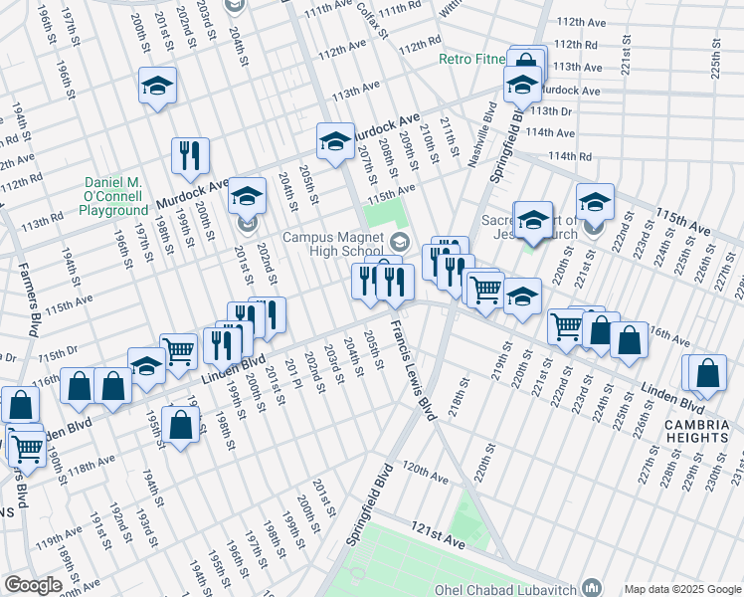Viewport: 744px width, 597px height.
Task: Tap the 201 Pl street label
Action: (291, 375)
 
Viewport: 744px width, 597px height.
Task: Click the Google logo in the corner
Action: (33, 584)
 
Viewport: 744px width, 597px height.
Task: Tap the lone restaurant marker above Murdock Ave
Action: (188, 155)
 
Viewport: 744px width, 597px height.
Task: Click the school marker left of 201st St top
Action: (157, 87)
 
